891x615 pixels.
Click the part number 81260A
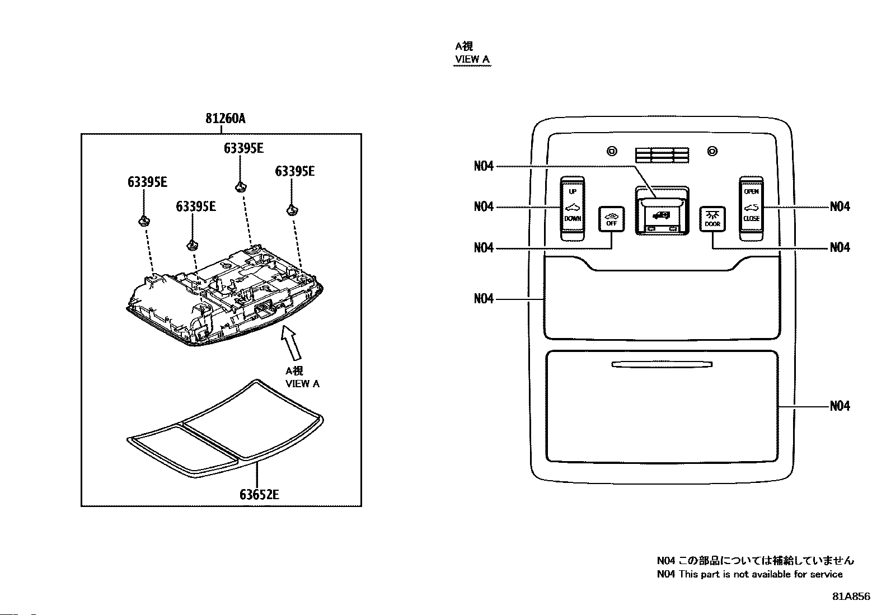pos(226,119)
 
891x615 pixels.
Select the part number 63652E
pos(259,495)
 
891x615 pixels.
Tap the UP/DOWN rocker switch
pos(573,208)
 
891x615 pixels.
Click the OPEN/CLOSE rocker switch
pos(752,208)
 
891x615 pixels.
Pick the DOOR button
pos(712,219)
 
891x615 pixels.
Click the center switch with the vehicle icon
pos(662,211)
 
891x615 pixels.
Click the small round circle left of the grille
pos(612,151)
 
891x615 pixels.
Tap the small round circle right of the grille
pos(712,151)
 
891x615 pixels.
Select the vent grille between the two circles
pos(662,155)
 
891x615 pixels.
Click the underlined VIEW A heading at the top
pos(472,59)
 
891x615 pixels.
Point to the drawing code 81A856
pos(851,597)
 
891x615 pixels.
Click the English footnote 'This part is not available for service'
pos(761,574)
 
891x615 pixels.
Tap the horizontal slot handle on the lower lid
pos(662,364)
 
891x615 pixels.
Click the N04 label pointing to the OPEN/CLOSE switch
pos(840,206)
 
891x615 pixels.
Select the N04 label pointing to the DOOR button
pos(840,247)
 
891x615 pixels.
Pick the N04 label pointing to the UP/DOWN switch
pos(484,206)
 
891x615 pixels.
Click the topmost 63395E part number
pos(243,148)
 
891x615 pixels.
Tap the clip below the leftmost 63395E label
pos(144,221)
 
